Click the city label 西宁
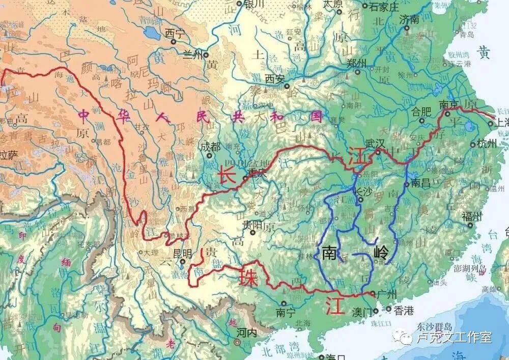point(173,33)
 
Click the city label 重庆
point(257,173)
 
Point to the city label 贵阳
point(251,224)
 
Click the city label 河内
point(247,331)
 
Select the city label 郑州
point(356,63)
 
